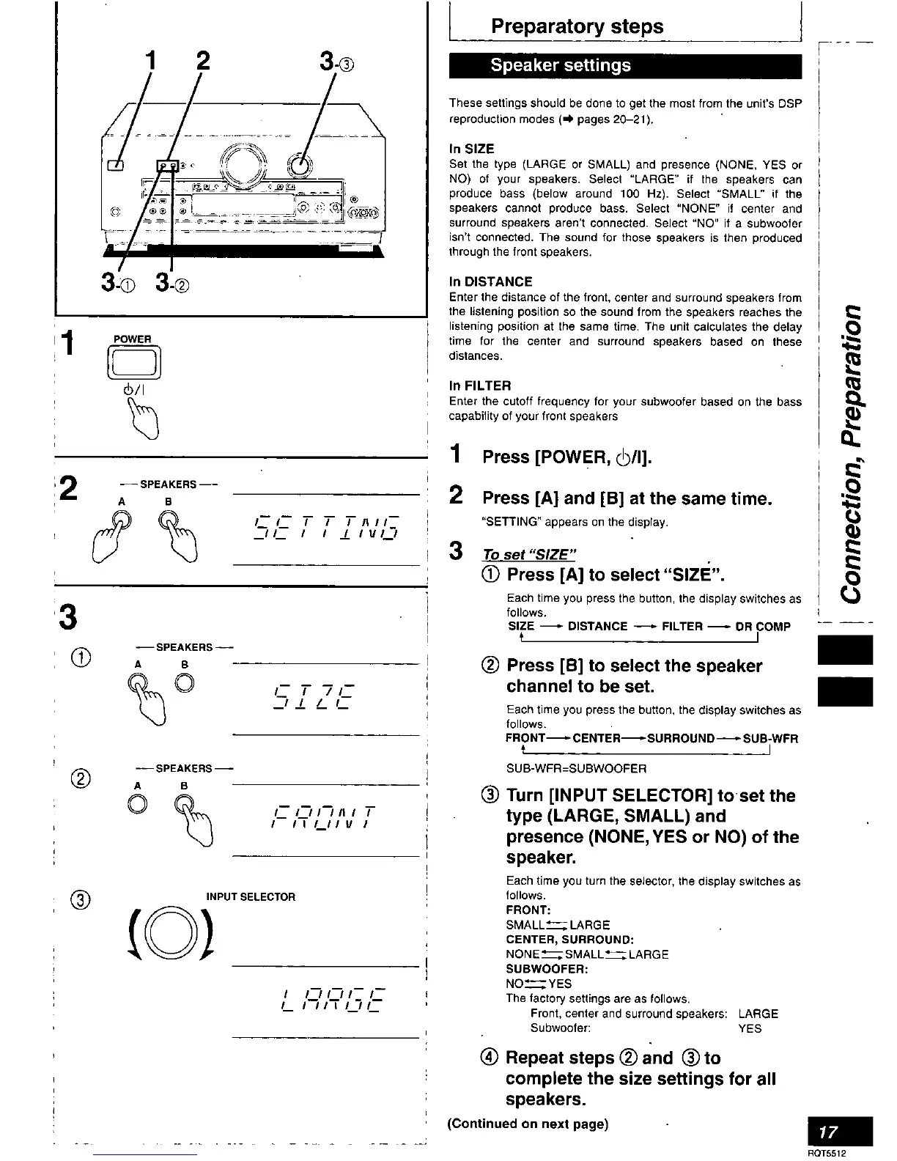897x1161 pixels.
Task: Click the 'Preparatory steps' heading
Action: point(577,27)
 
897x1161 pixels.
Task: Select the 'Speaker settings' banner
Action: point(560,65)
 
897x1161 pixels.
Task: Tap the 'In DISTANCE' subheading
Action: point(490,281)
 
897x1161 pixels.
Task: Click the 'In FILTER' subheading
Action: point(480,386)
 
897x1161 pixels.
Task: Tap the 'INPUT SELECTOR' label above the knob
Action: point(251,897)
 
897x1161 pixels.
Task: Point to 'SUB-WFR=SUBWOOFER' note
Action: point(576,768)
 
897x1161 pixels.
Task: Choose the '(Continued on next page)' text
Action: point(528,1124)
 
